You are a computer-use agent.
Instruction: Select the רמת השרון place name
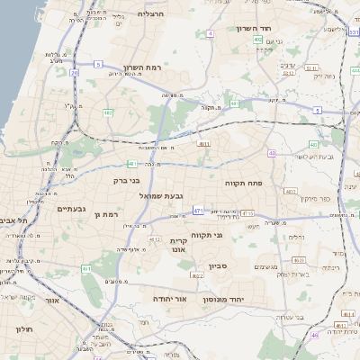(x=144, y=67)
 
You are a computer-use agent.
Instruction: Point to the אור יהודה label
(x=168, y=297)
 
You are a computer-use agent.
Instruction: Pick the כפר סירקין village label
(x=315, y=198)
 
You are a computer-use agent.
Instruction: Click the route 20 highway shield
(x=74, y=73)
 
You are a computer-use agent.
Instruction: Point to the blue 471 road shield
(x=198, y=211)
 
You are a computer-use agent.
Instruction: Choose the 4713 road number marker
(x=247, y=213)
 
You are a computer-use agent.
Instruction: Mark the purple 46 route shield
(x=315, y=335)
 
